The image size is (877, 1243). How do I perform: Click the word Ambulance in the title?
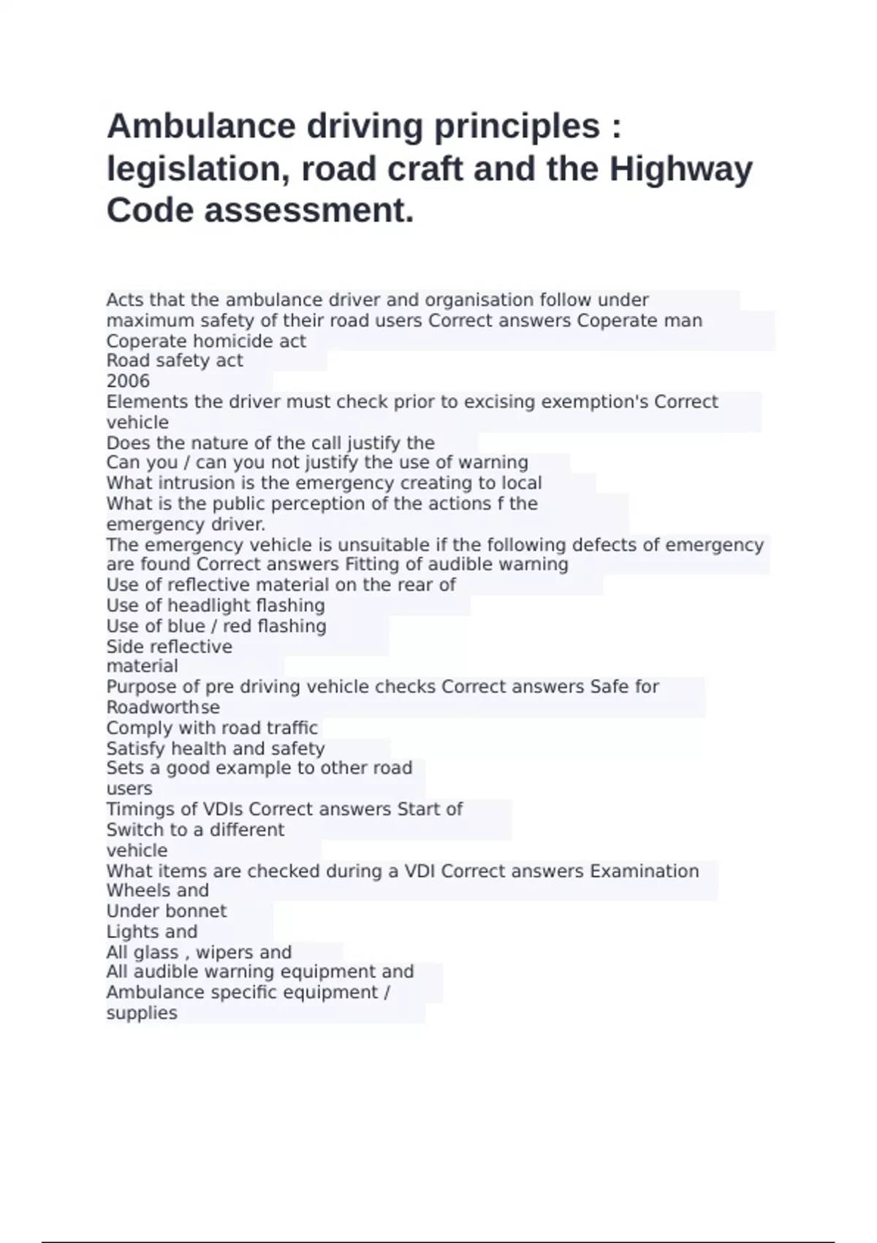coord(200,126)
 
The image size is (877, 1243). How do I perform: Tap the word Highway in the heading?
coord(680,168)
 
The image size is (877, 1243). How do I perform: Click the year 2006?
coord(128,381)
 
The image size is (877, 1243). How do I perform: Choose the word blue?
coord(186,626)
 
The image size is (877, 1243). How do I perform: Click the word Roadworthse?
coord(163,707)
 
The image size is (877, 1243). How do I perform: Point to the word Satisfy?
coord(136,748)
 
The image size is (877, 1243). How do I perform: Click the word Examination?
coord(644,871)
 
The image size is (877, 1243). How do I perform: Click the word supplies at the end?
coord(142,1013)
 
